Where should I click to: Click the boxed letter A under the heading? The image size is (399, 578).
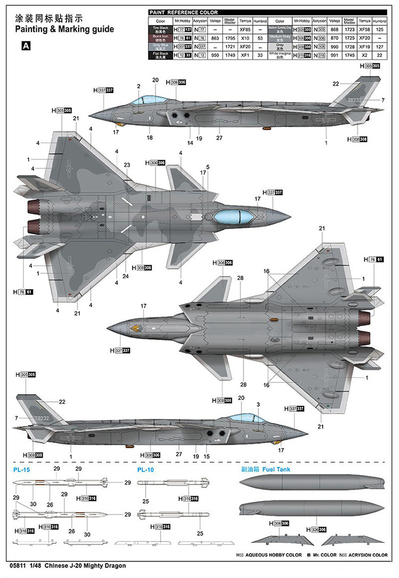click(26, 46)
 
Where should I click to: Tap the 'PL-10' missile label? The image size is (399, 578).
click(145, 470)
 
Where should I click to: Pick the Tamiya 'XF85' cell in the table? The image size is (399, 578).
click(245, 30)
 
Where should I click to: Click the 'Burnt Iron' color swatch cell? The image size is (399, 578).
click(160, 38)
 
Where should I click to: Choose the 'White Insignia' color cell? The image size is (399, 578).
click(280, 55)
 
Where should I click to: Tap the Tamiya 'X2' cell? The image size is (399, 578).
click(364, 55)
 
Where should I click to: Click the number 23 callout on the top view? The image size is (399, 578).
click(127, 165)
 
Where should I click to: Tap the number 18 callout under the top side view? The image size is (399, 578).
click(150, 137)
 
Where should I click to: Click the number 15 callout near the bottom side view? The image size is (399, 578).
click(207, 456)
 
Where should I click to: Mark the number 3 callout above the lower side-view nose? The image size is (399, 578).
click(258, 405)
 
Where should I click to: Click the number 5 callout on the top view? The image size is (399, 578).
click(207, 167)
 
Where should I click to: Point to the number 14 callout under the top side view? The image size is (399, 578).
click(190, 143)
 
